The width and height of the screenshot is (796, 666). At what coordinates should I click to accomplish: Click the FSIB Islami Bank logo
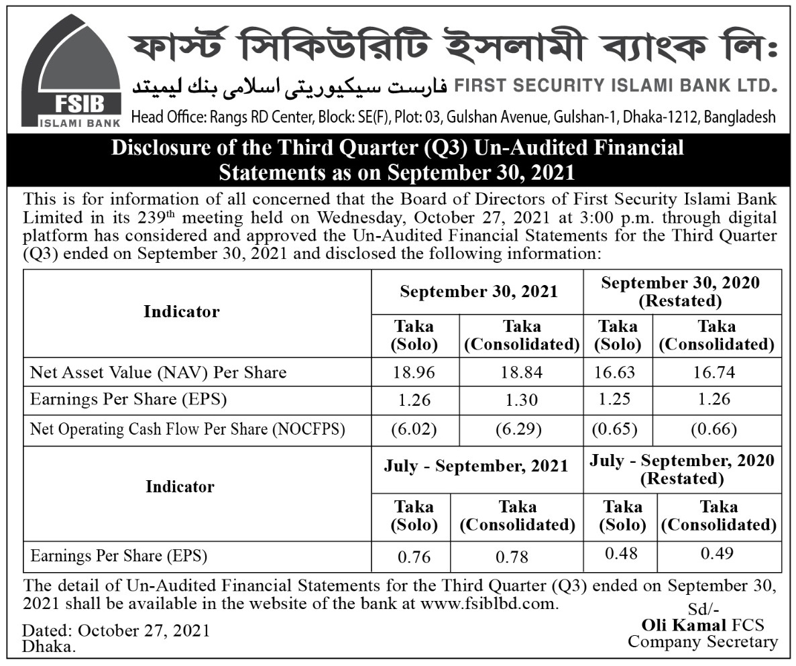pyautogui.click(x=70, y=71)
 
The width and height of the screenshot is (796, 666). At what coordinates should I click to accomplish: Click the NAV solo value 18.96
pyautogui.click(x=414, y=372)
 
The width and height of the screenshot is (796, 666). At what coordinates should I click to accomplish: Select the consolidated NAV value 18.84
pyautogui.click(x=520, y=372)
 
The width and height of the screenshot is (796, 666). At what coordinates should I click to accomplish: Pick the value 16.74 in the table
pyautogui.click(x=716, y=372)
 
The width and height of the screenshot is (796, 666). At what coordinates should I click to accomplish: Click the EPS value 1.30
pyautogui.click(x=520, y=400)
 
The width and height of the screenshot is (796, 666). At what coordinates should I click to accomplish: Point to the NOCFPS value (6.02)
pyautogui.click(x=414, y=429)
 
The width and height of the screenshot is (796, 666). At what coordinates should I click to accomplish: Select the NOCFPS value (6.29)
pyautogui.click(x=520, y=429)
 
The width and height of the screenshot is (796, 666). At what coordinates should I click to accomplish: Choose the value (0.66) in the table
pyautogui.click(x=716, y=429)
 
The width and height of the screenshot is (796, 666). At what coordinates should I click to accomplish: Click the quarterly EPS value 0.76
pyautogui.click(x=414, y=557)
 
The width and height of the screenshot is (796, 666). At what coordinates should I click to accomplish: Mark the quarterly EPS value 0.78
pyautogui.click(x=512, y=557)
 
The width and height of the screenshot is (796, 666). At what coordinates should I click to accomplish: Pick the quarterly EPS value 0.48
pyautogui.click(x=621, y=554)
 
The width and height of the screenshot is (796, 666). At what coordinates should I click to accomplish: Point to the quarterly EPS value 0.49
pyautogui.click(x=717, y=554)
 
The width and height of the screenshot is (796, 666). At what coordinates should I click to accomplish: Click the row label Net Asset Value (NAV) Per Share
pyautogui.click(x=158, y=372)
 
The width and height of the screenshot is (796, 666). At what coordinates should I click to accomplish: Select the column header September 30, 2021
pyautogui.click(x=479, y=292)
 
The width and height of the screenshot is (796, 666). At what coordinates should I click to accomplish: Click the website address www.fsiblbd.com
pyautogui.click(x=488, y=603)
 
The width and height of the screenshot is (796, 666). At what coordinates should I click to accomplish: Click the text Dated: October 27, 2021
pyautogui.click(x=116, y=630)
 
